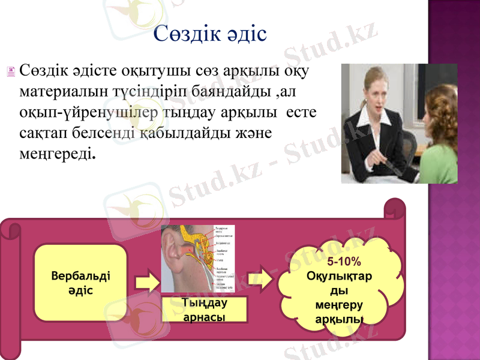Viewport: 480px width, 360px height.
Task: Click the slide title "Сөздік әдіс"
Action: [x=210, y=34]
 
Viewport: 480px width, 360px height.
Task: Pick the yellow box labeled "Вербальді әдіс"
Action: [x=80, y=282]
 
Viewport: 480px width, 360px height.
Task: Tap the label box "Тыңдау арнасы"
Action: [x=205, y=310]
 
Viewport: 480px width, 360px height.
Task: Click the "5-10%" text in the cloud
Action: [x=344, y=262]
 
